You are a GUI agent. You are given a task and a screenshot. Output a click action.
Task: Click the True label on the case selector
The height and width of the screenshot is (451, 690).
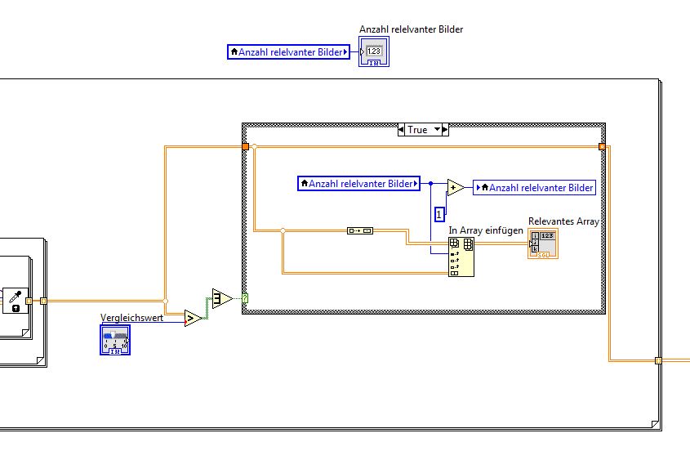[417, 130]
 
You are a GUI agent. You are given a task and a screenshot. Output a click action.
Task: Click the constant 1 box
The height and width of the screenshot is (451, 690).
[439, 215]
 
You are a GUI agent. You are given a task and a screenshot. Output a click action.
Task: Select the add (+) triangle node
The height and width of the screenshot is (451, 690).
[456, 188]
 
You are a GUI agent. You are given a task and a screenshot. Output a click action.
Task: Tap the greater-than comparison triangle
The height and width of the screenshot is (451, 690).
[193, 318]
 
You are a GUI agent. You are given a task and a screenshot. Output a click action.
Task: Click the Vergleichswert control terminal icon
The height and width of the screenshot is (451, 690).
[115, 339]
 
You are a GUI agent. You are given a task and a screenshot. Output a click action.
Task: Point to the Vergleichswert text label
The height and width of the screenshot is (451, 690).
[131, 317]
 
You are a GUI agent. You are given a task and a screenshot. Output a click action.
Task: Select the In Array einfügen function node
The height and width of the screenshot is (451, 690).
[461, 257]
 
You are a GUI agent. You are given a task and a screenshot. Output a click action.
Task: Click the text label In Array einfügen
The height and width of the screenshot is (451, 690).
[485, 230]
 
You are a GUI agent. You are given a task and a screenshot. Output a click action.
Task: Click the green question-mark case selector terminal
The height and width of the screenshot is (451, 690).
[245, 299]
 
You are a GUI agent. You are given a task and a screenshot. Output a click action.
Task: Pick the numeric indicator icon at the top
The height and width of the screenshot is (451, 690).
[374, 51]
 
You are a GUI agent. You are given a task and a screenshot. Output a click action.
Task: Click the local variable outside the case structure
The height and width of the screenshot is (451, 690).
[288, 52]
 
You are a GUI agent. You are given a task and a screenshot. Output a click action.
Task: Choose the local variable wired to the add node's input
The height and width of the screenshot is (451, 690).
[358, 184]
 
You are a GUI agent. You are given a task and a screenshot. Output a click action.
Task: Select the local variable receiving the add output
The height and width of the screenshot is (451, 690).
[535, 188]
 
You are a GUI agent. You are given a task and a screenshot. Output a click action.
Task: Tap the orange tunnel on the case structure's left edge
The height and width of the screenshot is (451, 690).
[245, 146]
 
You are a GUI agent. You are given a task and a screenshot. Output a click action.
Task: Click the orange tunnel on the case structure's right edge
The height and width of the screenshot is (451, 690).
[602, 146]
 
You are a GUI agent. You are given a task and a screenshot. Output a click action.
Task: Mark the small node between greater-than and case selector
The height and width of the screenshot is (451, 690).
[222, 298]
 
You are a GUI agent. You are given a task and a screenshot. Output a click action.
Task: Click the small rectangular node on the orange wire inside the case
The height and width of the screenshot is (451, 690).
[359, 231]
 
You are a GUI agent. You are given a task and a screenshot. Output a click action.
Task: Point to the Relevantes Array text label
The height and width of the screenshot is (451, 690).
[563, 221]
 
